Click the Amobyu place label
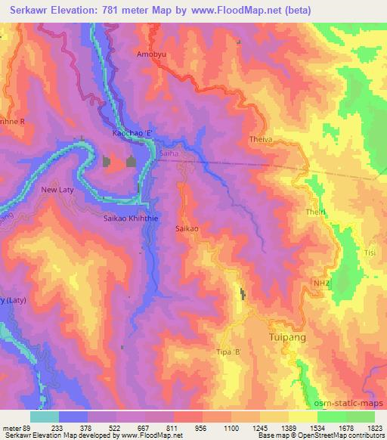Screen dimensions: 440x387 pyautogui.click(x=150, y=54)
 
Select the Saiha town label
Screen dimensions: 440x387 pyautogui.click(x=169, y=153)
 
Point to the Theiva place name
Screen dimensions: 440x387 pyautogui.click(x=261, y=140)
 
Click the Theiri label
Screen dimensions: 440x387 pyautogui.click(x=314, y=212)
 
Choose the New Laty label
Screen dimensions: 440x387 pyautogui.click(x=58, y=190)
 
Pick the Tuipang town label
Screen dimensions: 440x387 pyautogui.click(x=288, y=337)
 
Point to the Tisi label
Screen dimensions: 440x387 pyautogui.click(x=370, y=253)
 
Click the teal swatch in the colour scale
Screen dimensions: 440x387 pyautogui.click(x=44, y=416)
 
